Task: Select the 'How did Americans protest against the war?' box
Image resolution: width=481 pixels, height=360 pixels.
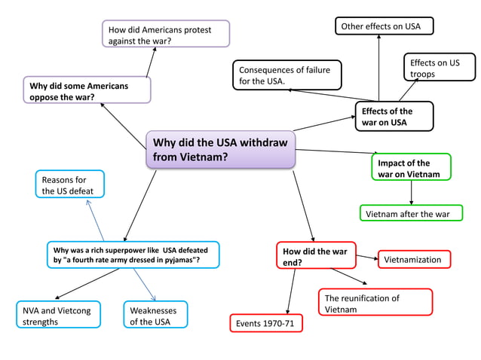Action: pos(166,35)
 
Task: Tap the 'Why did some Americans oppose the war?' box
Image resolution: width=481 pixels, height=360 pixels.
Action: pos(87,91)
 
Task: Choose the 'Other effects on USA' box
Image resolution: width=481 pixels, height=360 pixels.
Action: pos(384,26)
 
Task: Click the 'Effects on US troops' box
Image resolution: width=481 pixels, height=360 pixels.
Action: pos(441,69)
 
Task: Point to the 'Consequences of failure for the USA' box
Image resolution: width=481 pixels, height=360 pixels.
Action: pos(286,75)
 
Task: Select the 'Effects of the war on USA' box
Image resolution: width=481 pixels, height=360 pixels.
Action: pos(394,117)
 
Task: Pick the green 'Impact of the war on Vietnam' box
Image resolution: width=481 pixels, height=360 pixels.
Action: pos(411,168)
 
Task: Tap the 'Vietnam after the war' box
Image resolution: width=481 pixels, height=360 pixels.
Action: pos(410,214)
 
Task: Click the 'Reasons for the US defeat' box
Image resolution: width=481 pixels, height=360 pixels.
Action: pos(70,185)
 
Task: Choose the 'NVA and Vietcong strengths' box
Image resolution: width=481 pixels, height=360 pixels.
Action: pos(58,315)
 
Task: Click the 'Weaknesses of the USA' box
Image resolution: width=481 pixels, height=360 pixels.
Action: pos(155,315)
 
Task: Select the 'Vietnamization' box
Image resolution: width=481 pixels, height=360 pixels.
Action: pos(414,260)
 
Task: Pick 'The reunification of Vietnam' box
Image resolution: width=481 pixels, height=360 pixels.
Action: pos(375,303)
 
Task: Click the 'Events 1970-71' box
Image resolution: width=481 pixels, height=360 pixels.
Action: pos(265,324)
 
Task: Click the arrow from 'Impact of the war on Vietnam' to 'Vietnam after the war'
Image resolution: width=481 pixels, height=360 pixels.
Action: pos(411,193)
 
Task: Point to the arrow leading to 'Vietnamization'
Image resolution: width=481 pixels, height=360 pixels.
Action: pos(366,258)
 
